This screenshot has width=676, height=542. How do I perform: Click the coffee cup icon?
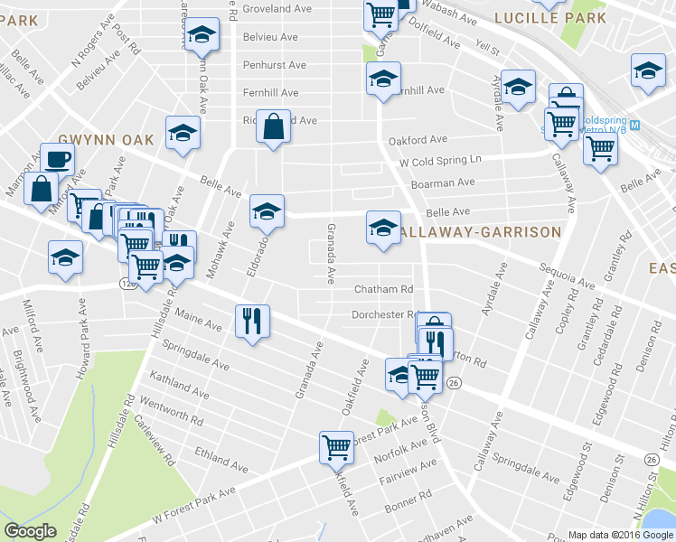point(58,160)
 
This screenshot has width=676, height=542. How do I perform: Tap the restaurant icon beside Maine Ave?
point(252,321)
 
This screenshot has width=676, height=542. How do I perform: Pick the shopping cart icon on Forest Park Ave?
point(336,446)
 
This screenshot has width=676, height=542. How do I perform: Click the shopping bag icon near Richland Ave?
point(273,127)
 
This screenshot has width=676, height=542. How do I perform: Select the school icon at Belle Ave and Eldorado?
point(267,211)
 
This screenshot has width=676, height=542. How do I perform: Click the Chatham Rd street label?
point(382,289)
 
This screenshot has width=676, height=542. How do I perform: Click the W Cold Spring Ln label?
point(442,161)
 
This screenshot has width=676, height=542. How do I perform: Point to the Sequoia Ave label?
point(566,276)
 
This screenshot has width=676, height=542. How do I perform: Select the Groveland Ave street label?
point(277,8)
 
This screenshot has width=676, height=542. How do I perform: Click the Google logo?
point(31,531)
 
